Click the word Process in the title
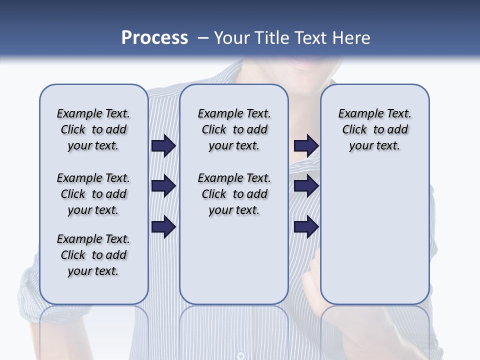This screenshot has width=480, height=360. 154,38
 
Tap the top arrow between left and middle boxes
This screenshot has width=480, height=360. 163,146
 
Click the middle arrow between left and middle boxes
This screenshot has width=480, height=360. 163,186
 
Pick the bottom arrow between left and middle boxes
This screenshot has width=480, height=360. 163,227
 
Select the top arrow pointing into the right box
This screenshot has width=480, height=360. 306,146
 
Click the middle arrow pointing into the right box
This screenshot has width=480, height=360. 306,186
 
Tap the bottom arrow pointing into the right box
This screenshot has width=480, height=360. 306,227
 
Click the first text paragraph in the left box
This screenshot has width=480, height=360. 93,129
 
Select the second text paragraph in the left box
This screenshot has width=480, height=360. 93,194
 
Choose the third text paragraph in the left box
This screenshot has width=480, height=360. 93,255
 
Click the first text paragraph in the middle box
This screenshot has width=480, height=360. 234,129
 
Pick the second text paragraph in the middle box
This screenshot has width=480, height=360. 234,194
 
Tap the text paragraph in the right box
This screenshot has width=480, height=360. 374,129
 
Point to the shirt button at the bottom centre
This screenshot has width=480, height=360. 240,355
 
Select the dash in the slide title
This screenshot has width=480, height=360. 202,38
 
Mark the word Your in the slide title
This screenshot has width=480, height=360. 233,38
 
